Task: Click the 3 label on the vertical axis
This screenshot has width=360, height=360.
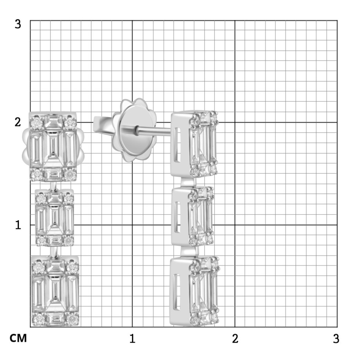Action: pos(18,24)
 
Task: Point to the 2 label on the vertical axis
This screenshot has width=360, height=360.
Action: pos(18,122)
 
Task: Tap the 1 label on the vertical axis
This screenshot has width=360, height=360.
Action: pos(18,225)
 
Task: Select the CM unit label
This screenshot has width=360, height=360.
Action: pos(18,338)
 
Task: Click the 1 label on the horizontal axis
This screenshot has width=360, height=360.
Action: pos(132,338)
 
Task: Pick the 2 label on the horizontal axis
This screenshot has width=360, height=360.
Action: pos(235,338)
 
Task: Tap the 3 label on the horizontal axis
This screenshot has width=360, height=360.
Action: pos(336,338)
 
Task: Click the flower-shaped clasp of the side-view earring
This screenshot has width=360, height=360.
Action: pos(134,130)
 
